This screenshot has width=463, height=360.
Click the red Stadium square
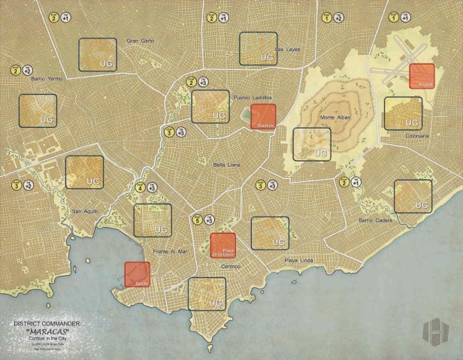point(263,117)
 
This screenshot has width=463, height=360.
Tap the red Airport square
point(422,76)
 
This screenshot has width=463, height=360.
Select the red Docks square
point(137,274)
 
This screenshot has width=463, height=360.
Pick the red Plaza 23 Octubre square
point(223,246)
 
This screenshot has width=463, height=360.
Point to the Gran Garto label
point(140,40)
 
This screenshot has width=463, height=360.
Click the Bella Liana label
point(226,165)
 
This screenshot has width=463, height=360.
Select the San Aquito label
point(86,211)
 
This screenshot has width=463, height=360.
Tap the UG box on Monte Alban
point(311,144)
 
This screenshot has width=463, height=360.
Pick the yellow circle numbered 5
point(198,220)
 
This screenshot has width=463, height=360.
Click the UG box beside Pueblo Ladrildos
point(210,107)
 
